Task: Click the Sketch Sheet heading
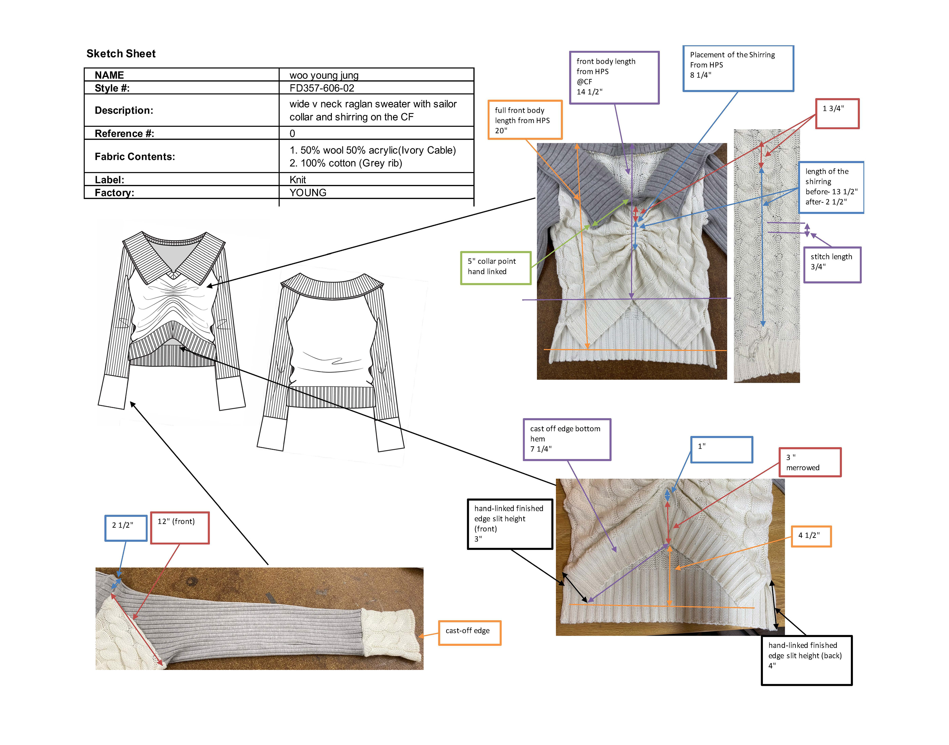121,54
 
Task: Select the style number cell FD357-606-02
322,88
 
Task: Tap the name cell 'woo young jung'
324,75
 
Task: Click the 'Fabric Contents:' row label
135,157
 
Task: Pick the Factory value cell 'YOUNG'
308,192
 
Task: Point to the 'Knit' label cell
298,180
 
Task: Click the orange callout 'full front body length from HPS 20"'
525,120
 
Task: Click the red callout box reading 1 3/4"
837,113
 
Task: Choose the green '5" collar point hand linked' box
496,268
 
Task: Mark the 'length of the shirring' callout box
831,187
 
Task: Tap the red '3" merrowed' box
810,462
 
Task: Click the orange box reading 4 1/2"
811,536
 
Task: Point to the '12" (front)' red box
180,527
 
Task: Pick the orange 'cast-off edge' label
469,633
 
